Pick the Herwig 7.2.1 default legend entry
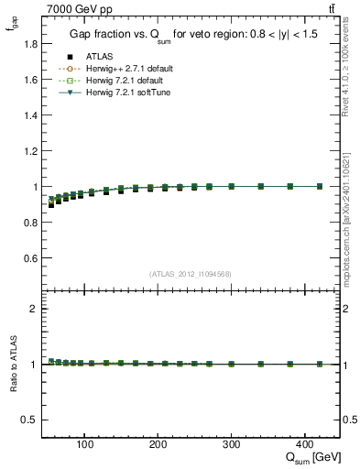pyautogui.click(x=116, y=80)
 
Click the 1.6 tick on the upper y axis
pyautogui.click(x=30, y=79)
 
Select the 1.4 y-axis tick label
pyautogui.click(x=30, y=115)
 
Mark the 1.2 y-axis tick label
pyautogui.click(x=30, y=150)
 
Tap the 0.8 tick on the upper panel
pyautogui.click(x=30, y=223)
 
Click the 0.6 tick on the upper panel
pyautogui.click(x=30, y=258)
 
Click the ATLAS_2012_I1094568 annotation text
pyautogui.click(x=191, y=273)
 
